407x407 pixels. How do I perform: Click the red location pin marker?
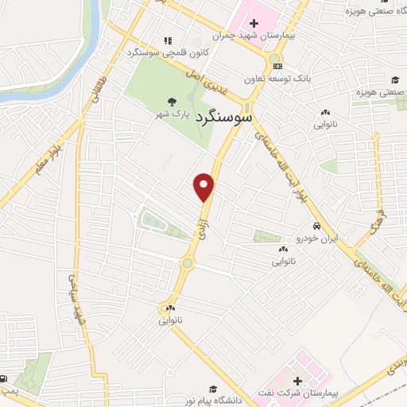(x=205, y=186)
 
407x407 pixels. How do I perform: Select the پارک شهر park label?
(x=175, y=114)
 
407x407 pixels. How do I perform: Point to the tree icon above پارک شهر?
(x=172, y=102)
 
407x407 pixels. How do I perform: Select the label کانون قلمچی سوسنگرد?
(x=164, y=52)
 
